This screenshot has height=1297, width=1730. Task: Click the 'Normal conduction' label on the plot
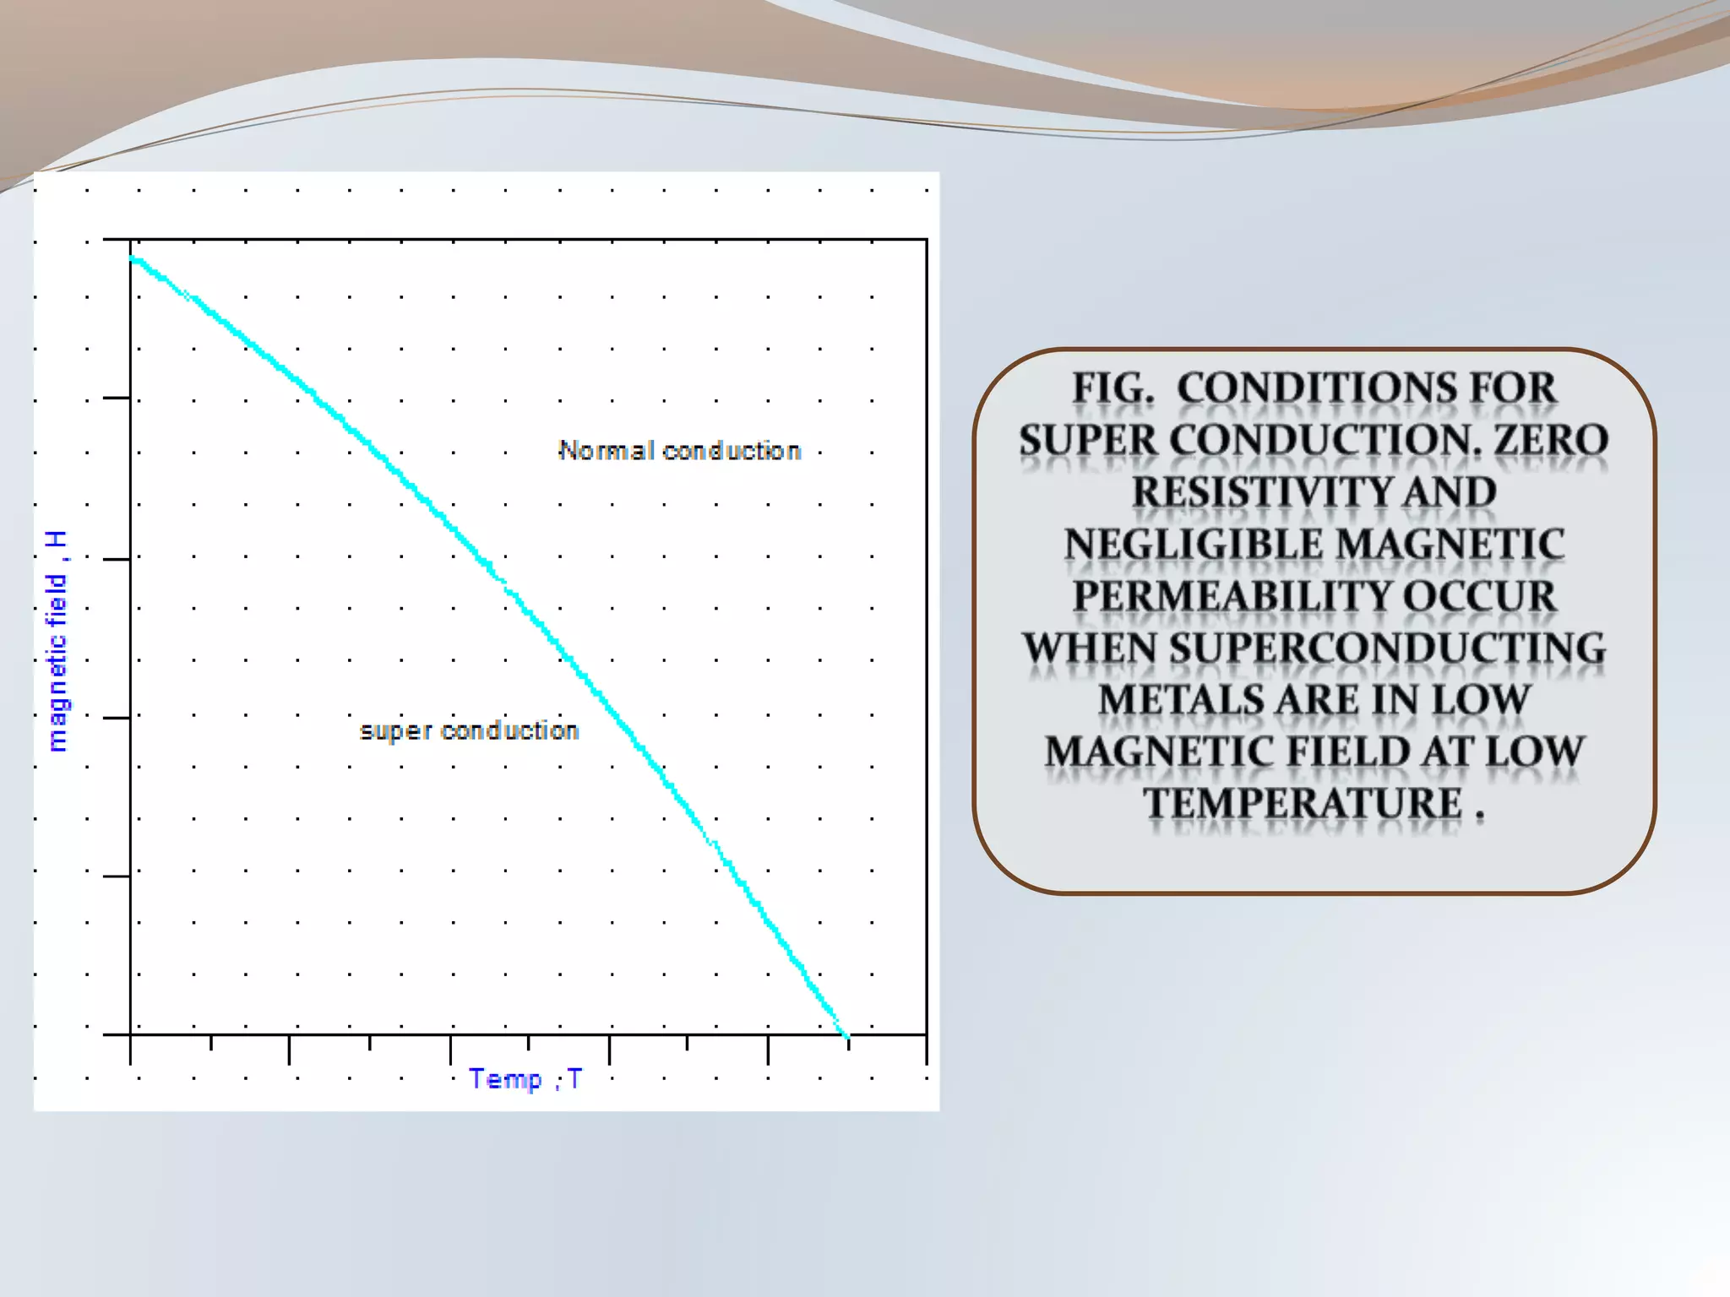tap(679, 451)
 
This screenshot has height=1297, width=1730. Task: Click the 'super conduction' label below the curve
tap(469, 730)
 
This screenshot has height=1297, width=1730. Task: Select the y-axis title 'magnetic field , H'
tap(57, 642)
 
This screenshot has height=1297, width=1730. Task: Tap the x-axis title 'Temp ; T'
tap(525, 1079)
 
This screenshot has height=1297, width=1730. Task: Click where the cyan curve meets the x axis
tap(845, 1033)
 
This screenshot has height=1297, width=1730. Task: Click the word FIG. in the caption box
tap(1113, 388)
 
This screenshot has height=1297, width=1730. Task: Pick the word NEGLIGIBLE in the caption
tap(1193, 545)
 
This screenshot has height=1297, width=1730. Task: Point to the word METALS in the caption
tap(1180, 700)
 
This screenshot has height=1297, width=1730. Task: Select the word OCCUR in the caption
tap(1479, 596)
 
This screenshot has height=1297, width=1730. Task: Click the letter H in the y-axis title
tap(57, 540)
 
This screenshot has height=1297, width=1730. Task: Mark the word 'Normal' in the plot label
tap(607, 451)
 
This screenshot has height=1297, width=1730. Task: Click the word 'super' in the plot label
tap(395, 731)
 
